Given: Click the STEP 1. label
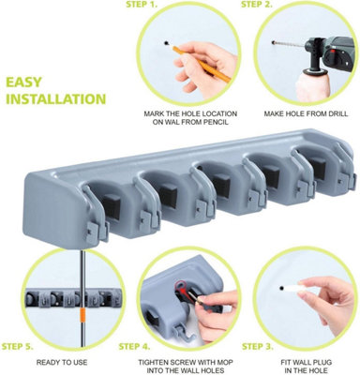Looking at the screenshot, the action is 142,5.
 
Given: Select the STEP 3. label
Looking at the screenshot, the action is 258,347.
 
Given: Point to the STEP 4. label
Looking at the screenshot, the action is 134,347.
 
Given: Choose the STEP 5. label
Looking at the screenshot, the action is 18,347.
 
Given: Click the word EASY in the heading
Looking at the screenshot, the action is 23,82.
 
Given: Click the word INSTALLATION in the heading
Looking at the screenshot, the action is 56,99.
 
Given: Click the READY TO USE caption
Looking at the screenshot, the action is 62,363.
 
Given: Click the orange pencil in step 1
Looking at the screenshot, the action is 201,64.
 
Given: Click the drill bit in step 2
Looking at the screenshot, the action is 290,44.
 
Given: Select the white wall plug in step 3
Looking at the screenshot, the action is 292,288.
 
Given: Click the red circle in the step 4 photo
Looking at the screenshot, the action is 180,285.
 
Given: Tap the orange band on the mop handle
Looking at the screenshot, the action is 82,315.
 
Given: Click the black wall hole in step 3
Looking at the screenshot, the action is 282,288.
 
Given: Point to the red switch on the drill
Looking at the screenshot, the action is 332,52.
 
